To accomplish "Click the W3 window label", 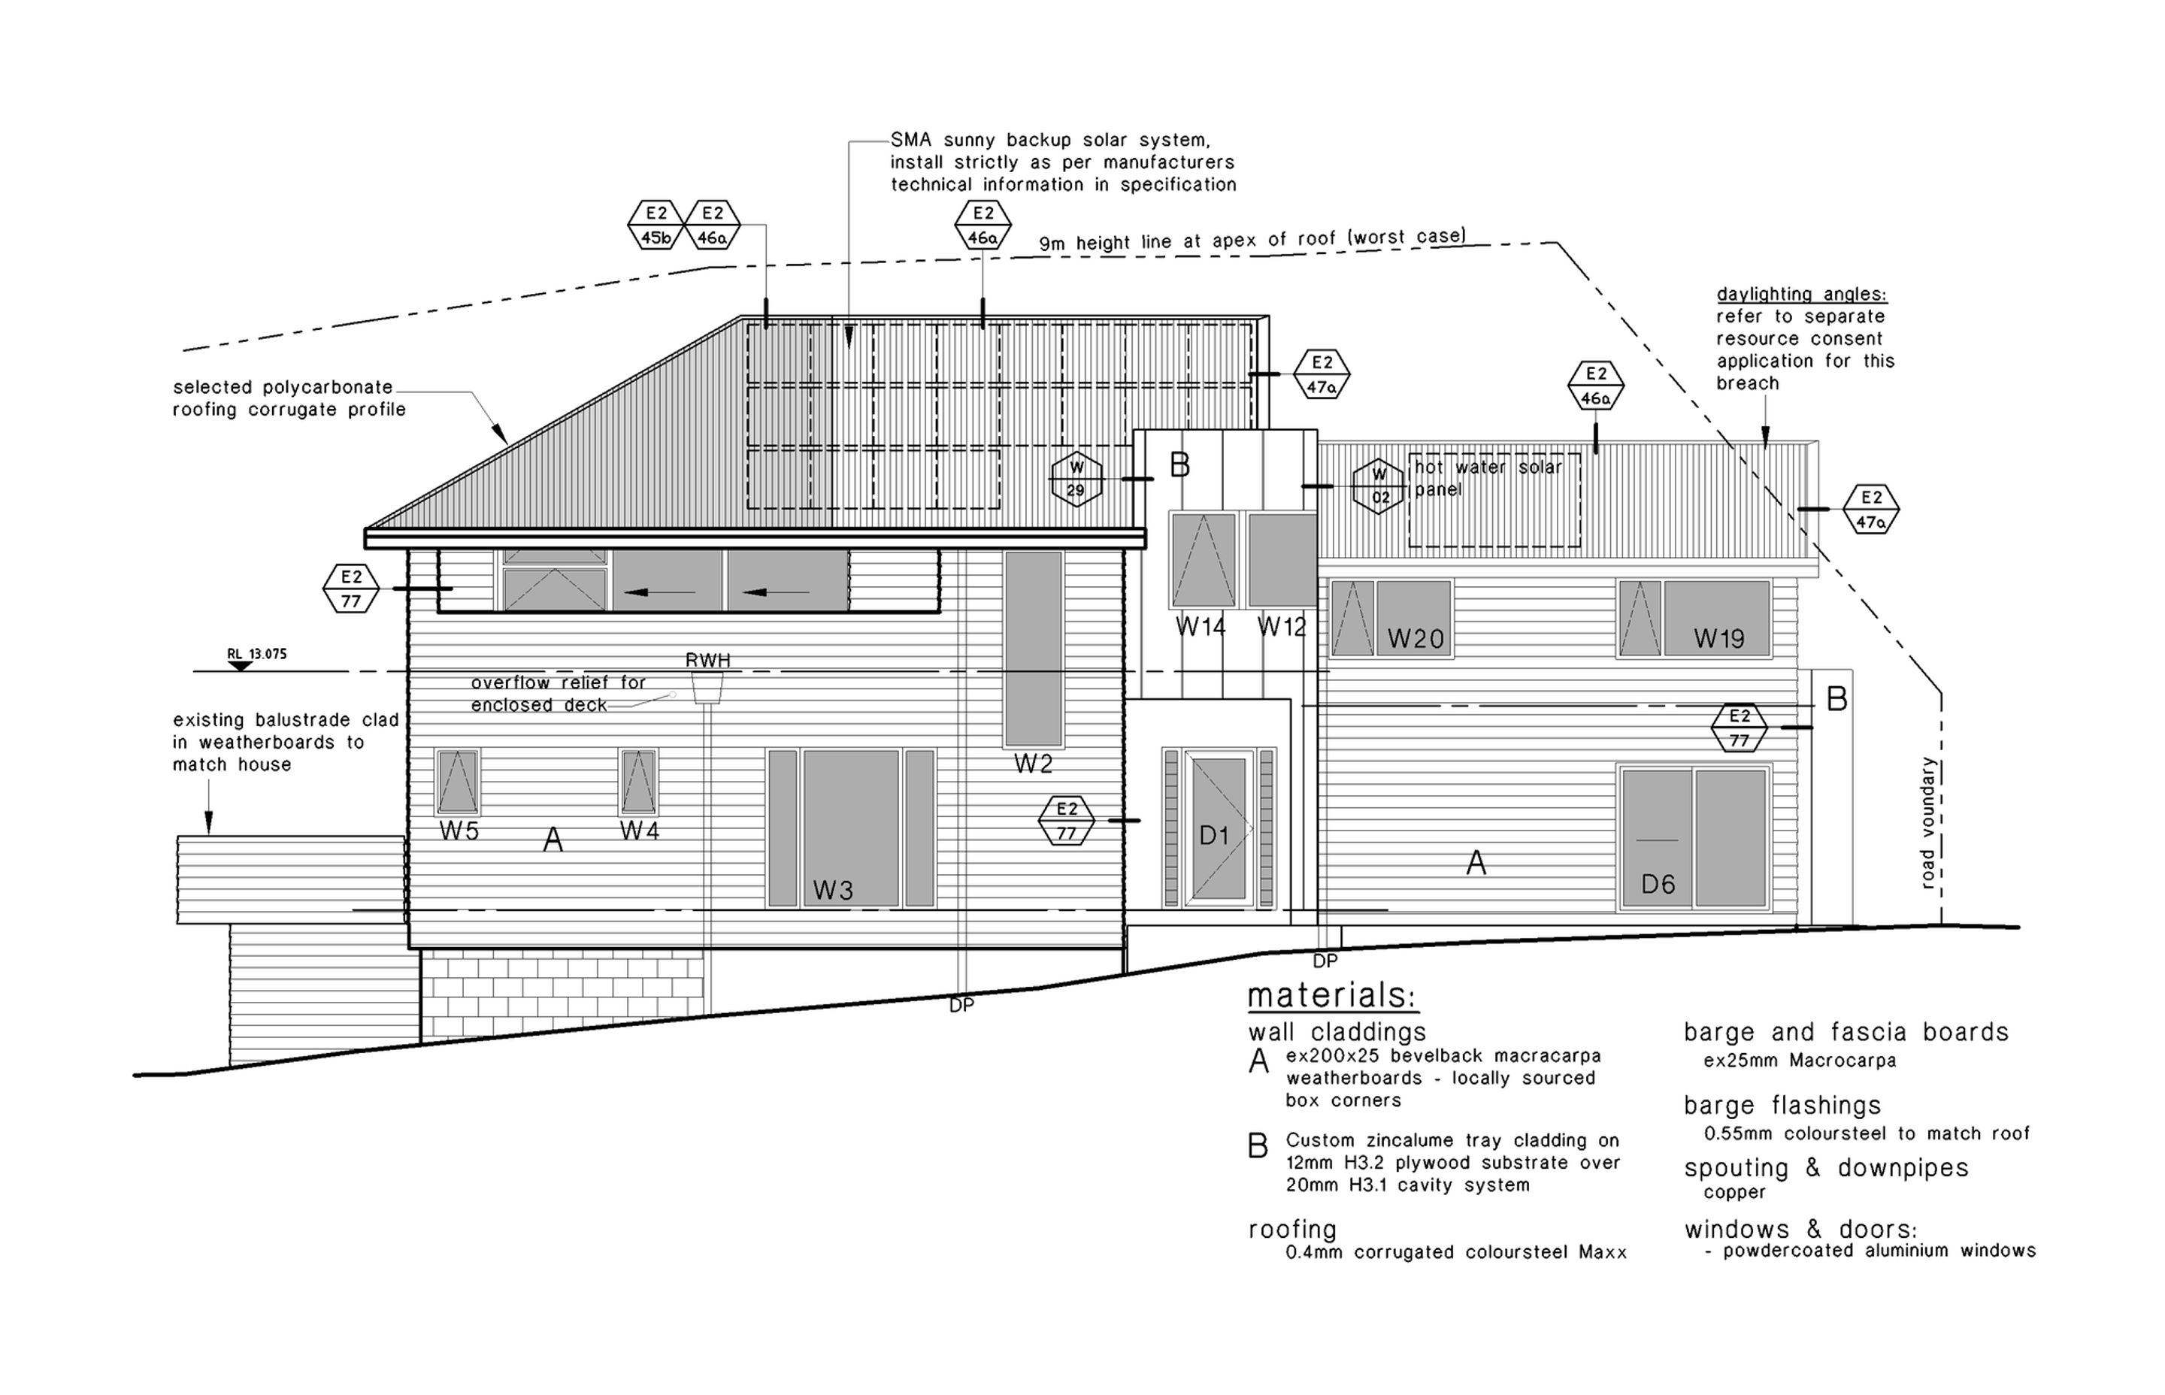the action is pyautogui.click(x=832, y=891).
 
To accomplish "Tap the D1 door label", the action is pyautogui.click(x=1213, y=835).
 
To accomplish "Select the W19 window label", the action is pyautogui.click(x=1718, y=640).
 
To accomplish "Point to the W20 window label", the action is pyautogui.click(x=1415, y=640).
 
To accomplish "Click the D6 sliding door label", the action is pyautogui.click(x=1658, y=884).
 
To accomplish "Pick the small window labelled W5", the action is pyautogui.click(x=458, y=782).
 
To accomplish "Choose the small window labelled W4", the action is pyautogui.click(x=639, y=782).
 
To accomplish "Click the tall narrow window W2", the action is pyautogui.click(x=1033, y=649).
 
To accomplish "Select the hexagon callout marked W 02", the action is pyautogui.click(x=1379, y=486).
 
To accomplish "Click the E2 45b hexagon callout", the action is pyautogui.click(x=656, y=225).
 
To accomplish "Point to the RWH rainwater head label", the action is pyautogui.click(x=707, y=661).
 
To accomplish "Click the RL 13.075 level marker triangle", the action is pyautogui.click(x=240, y=667).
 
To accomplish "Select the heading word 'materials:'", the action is pyautogui.click(x=1331, y=997).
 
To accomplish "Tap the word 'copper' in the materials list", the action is pyautogui.click(x=1734, y=1193).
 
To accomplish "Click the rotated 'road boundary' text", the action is pyautogui.click(x=1927, y=822).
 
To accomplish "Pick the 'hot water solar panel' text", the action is pyautogui.click(x=1488, y=478).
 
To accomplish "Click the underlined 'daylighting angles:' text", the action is pyautogui.click(x=1802, y=295).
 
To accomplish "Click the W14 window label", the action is pyautogui.click(x=1201, y=627).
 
